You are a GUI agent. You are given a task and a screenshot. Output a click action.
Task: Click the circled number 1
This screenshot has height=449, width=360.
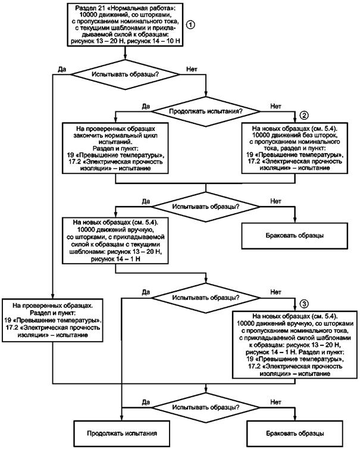tap(190, 24)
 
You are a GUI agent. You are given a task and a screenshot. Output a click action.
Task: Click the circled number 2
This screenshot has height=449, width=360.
tap(304, 115)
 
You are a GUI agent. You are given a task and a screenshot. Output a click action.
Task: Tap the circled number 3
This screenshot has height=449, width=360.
tap(304, 304)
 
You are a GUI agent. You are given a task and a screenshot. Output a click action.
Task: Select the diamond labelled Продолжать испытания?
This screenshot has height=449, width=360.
tap(206, 111)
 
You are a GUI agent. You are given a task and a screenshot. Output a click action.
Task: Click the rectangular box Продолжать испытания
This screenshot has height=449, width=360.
tap(122, 434)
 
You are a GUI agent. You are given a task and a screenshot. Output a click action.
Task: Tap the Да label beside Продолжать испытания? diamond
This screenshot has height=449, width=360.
tap(146, 106)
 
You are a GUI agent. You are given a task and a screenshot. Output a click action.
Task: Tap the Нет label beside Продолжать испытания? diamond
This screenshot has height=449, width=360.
tap(276, 106)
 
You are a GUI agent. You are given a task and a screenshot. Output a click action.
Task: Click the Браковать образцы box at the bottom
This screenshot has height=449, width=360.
tap(295, 434)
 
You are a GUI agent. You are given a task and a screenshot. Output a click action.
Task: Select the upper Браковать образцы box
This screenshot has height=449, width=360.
tap(295, 236)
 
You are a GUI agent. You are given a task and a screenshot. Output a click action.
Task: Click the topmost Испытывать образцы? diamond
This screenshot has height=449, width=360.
tap(125, 74)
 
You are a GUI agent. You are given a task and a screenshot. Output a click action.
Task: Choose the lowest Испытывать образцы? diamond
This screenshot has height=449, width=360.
tap(206, 407)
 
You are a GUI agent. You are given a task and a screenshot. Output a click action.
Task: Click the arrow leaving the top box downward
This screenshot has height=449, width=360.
tap(125, 52)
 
